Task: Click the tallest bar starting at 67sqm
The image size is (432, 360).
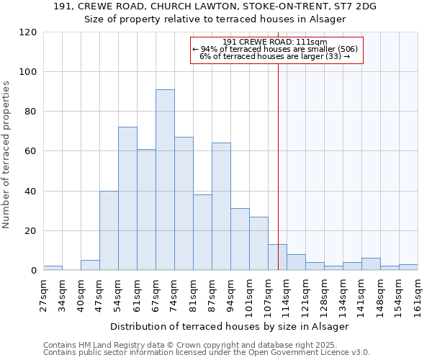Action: [x=165, y=180]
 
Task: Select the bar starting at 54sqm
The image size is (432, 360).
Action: [x=127, y=199]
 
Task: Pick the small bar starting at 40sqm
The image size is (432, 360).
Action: [x=90, y=265]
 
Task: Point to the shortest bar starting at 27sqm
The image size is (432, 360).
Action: [x=53, y=268]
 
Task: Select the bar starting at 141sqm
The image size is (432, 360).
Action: [x=371, y=264]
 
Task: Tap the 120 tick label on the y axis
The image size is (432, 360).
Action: [x=28, y=32]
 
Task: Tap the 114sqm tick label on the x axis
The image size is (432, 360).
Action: [x=287, y=296]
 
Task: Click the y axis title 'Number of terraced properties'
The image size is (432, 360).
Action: [x=6, y=155]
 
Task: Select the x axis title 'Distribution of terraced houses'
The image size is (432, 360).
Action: [x=230, y=326]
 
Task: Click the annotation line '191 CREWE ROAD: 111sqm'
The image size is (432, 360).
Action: [x=275, y=42]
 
